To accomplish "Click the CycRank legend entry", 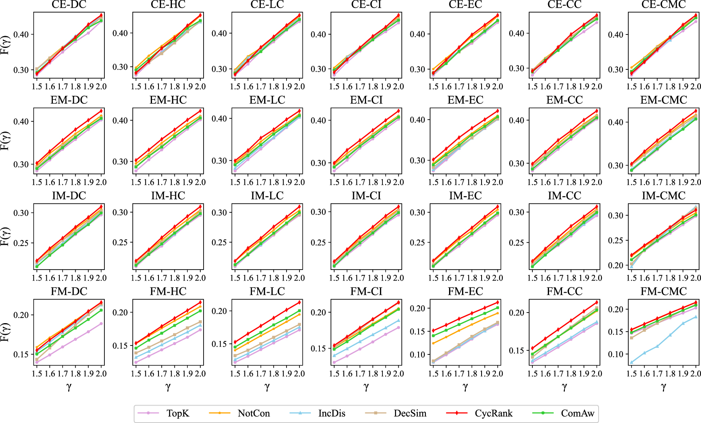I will point(493,413).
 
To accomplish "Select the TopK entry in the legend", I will point(178,413).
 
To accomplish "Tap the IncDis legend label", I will point(332,413).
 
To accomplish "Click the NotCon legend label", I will point(254,413).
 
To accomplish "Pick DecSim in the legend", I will point(410,413).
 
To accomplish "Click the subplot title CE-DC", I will point(69,5).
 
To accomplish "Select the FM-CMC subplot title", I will point(663,291).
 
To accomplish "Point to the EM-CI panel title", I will point(366,100).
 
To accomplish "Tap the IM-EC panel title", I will point(465,196).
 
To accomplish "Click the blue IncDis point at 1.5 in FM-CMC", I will point(632,362).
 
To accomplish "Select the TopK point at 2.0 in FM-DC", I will point(101,324).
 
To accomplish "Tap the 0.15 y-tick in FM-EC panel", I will point(417,332).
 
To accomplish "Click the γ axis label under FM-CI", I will point(366,387).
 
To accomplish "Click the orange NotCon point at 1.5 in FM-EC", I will point(434,343).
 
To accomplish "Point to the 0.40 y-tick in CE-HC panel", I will point(120,33).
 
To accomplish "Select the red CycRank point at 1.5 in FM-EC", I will point(434,330).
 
